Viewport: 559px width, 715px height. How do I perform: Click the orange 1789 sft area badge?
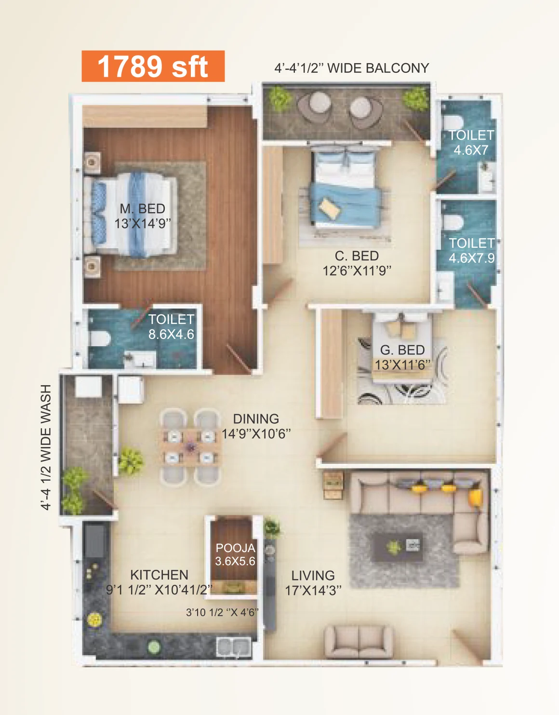pyautogui.click(x=153, y=66)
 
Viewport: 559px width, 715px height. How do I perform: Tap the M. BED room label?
pyautogui.click(x=142, y=209)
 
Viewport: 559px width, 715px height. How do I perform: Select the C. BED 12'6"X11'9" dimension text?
pyautogui.click(x=357, y=271)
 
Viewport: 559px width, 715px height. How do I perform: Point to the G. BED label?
pyautogui.click(x=402, y=350)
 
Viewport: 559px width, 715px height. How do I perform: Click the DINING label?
pyautogui.click(x=256, y=419)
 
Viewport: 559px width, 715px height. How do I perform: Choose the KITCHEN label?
pyautogui.click(x=159, y=575)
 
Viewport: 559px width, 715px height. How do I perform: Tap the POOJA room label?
pyautogui.click(x=236, y=548)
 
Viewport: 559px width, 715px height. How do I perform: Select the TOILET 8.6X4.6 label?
pyautogui.click(x=172, y=327)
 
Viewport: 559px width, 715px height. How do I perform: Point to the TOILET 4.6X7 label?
pyautogui.click(x=471, y=143)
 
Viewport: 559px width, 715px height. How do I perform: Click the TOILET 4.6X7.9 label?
pyautogui.click(x=472, y=250)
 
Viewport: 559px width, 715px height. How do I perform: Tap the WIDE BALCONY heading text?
pyautogui.click(x=378, y=68)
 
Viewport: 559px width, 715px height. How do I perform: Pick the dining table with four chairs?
pyautogui.click(x=190, y=447)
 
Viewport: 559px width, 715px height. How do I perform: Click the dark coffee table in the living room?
pyautogui.click(x=397, y=547)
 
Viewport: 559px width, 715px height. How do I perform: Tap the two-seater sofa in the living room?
pyautogui.click(x=359, y=642)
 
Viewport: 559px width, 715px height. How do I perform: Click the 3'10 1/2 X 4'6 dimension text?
pyautogui.click(x=222, y=612)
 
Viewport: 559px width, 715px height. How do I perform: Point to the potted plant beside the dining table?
pyautogui.click(x=131, y=460)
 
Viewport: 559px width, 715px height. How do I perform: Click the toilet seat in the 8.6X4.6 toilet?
pyautogui.click(x=100, y=338)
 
